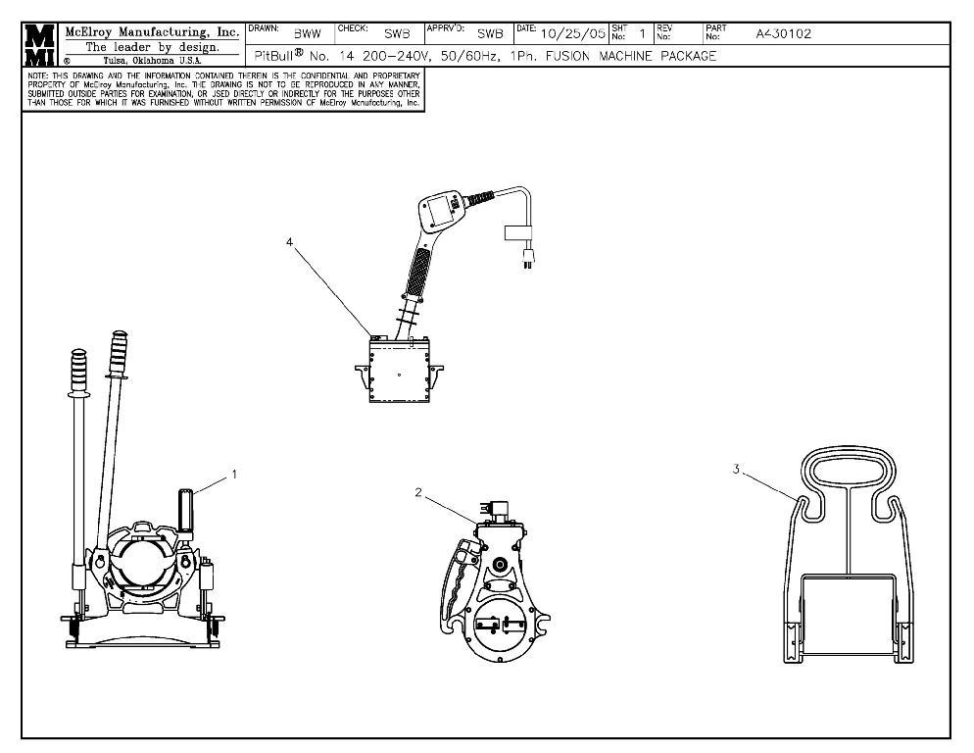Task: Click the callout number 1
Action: click(234, 475)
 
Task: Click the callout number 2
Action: click(418, 492)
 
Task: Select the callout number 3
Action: click(735, 470)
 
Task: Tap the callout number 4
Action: click(290, 242)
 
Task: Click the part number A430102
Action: click(783, 34)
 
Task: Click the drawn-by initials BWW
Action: click(308, 34)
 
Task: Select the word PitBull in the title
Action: click(275, 57)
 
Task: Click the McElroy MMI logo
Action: click(40, 44)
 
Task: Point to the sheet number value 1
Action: click(641, 34)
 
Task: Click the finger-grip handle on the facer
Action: click(455, 588)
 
